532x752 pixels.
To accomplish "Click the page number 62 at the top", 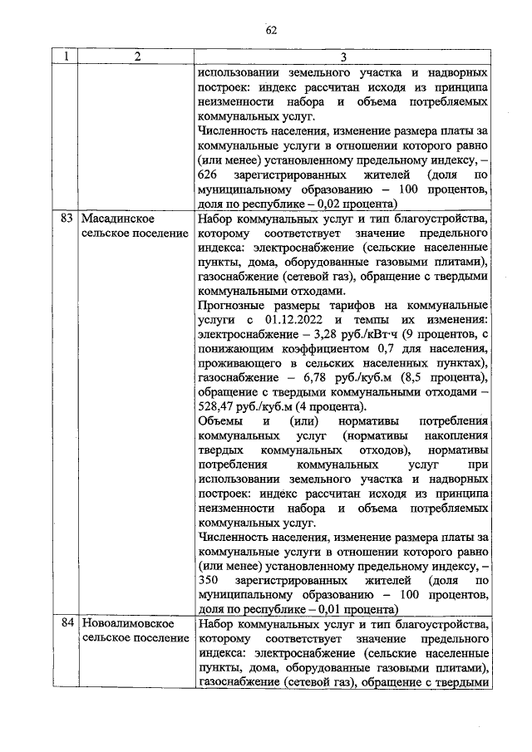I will tap(271, 31).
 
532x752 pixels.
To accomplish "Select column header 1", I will tap(62, 57).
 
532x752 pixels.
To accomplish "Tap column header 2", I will tap(137, 57).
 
